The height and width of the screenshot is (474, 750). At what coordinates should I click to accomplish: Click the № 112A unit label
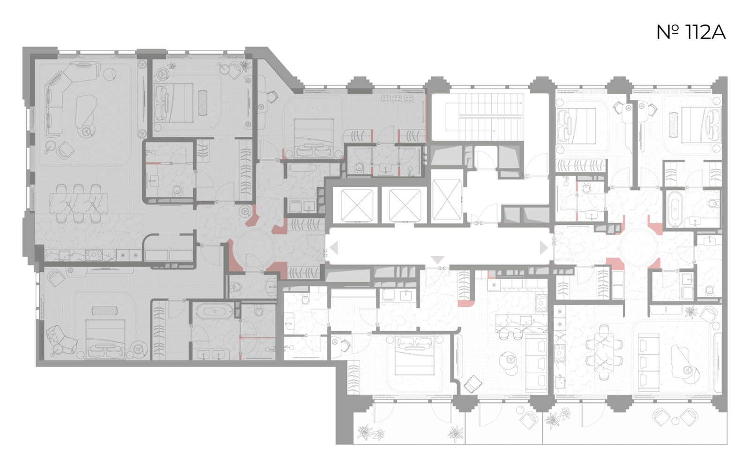(x=691, y=33)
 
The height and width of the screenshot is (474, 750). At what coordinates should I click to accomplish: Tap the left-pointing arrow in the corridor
(x=334, y=248)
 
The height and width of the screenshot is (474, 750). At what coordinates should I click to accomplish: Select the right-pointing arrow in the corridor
(x=543, y=248)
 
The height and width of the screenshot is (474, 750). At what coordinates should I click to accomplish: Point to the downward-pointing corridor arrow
(x=437, y=259)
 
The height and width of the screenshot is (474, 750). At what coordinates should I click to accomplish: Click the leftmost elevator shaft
(x=357, y=205)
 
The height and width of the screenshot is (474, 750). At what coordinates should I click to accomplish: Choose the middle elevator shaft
(x=405, y=205)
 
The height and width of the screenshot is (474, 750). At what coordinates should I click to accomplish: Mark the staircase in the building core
(x=485, y=117)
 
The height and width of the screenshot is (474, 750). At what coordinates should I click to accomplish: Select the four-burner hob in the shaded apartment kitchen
(x=94, y=255)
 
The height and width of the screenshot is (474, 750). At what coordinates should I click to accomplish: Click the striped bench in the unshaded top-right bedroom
(x=674, y=125)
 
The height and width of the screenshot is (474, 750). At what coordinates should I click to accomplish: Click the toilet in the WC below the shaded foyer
(x=236, y=287)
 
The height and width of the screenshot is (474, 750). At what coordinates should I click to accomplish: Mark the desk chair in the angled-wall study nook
(x=272, y=97)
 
